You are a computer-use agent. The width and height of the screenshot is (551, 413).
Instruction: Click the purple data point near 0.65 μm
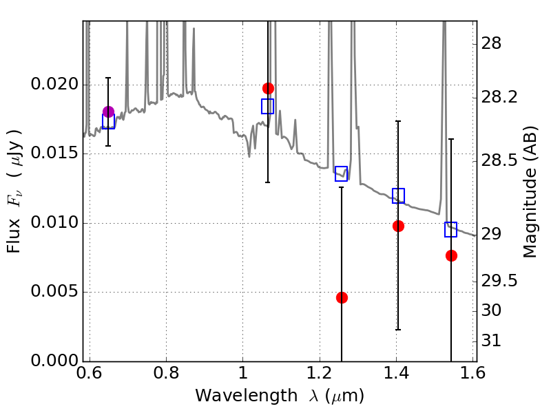click(x=108, y=112)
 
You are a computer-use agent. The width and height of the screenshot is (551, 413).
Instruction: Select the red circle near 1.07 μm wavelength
click(x=268, y=89)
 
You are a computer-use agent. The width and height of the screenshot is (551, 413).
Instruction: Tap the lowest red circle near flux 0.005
click(x=342, y=298)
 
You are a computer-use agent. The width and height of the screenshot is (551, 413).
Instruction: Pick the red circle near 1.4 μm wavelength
click(x=398, y=226)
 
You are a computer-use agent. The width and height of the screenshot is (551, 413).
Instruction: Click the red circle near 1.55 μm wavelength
click(x=452, y=255)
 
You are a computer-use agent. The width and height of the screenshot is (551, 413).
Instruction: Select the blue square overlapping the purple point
click(x=108, y=122)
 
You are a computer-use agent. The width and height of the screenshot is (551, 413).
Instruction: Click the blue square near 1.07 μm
click(x=267, y=107)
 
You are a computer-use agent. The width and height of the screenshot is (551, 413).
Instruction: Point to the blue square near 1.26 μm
click(x=341, y=174)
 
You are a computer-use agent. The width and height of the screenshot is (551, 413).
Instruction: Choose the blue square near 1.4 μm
click(x=398, y=195)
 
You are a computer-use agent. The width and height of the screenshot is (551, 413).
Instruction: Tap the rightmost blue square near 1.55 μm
click(x=450, y=229)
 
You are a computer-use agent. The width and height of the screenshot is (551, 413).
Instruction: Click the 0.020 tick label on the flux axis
click(x=54, y=84)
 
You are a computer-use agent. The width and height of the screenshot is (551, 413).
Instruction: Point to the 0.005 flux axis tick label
click(x=54, y=291)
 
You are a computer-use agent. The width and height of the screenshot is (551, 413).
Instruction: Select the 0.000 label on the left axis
click(x=54, y=361)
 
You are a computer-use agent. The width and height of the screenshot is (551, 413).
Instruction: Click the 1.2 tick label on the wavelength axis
click(x=320, y=373)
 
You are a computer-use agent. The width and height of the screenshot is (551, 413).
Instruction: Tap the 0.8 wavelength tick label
click(x=166, y=373)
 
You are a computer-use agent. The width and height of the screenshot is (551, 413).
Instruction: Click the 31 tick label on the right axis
click(x=491, y=341)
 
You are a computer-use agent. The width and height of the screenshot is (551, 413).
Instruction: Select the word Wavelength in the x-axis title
click(x=247, y=396)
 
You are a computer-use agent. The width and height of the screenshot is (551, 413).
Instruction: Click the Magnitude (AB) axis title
click(x=530, y=192)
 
